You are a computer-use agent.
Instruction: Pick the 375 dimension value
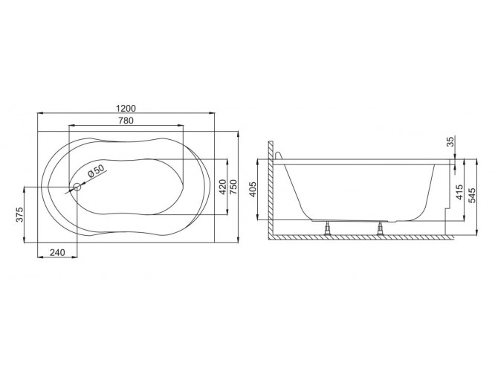[x=20, y=214]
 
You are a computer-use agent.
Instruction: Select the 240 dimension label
[x=58, y=252]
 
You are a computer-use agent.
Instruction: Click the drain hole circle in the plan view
[x=76, y=187]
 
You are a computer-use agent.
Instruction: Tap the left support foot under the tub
[x=328, y=227]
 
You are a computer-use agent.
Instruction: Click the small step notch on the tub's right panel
[x=445, y=216]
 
